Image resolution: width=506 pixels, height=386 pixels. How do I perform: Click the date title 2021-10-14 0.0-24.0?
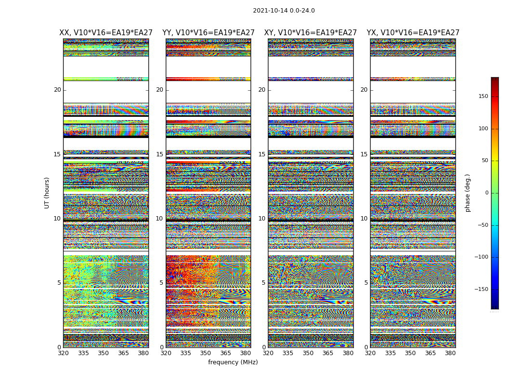click(284, 11)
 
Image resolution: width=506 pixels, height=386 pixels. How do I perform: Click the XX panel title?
click(106, 33)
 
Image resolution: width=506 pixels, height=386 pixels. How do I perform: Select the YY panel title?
click(208, 33)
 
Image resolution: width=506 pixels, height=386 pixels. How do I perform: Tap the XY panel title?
click(310, 33)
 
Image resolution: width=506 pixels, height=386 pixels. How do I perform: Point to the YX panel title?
click(413, 33)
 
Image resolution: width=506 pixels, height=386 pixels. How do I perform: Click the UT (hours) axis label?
click(47, 193)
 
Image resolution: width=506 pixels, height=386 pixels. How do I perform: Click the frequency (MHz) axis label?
click(233, 362)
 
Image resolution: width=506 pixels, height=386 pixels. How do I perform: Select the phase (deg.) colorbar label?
click(467, 193)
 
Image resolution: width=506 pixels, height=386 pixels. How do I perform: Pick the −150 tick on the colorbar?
click(494, 289)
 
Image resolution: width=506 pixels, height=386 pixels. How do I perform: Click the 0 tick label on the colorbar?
click(500, 193)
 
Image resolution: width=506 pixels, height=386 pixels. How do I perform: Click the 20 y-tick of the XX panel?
click(57, 90)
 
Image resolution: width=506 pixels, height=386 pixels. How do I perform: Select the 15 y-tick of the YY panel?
click(160, 154)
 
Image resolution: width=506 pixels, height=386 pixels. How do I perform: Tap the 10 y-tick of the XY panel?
click(262, 219)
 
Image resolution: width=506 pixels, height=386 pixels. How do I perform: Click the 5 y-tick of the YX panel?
click(366, 283)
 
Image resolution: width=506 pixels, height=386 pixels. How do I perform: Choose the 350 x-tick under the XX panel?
click(103, 353)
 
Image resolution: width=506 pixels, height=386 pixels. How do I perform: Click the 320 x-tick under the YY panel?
click(166, 353)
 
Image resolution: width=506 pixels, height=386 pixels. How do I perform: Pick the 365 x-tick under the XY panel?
click(328, 353)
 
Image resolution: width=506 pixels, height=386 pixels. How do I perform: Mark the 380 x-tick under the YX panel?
click(450, 353)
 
